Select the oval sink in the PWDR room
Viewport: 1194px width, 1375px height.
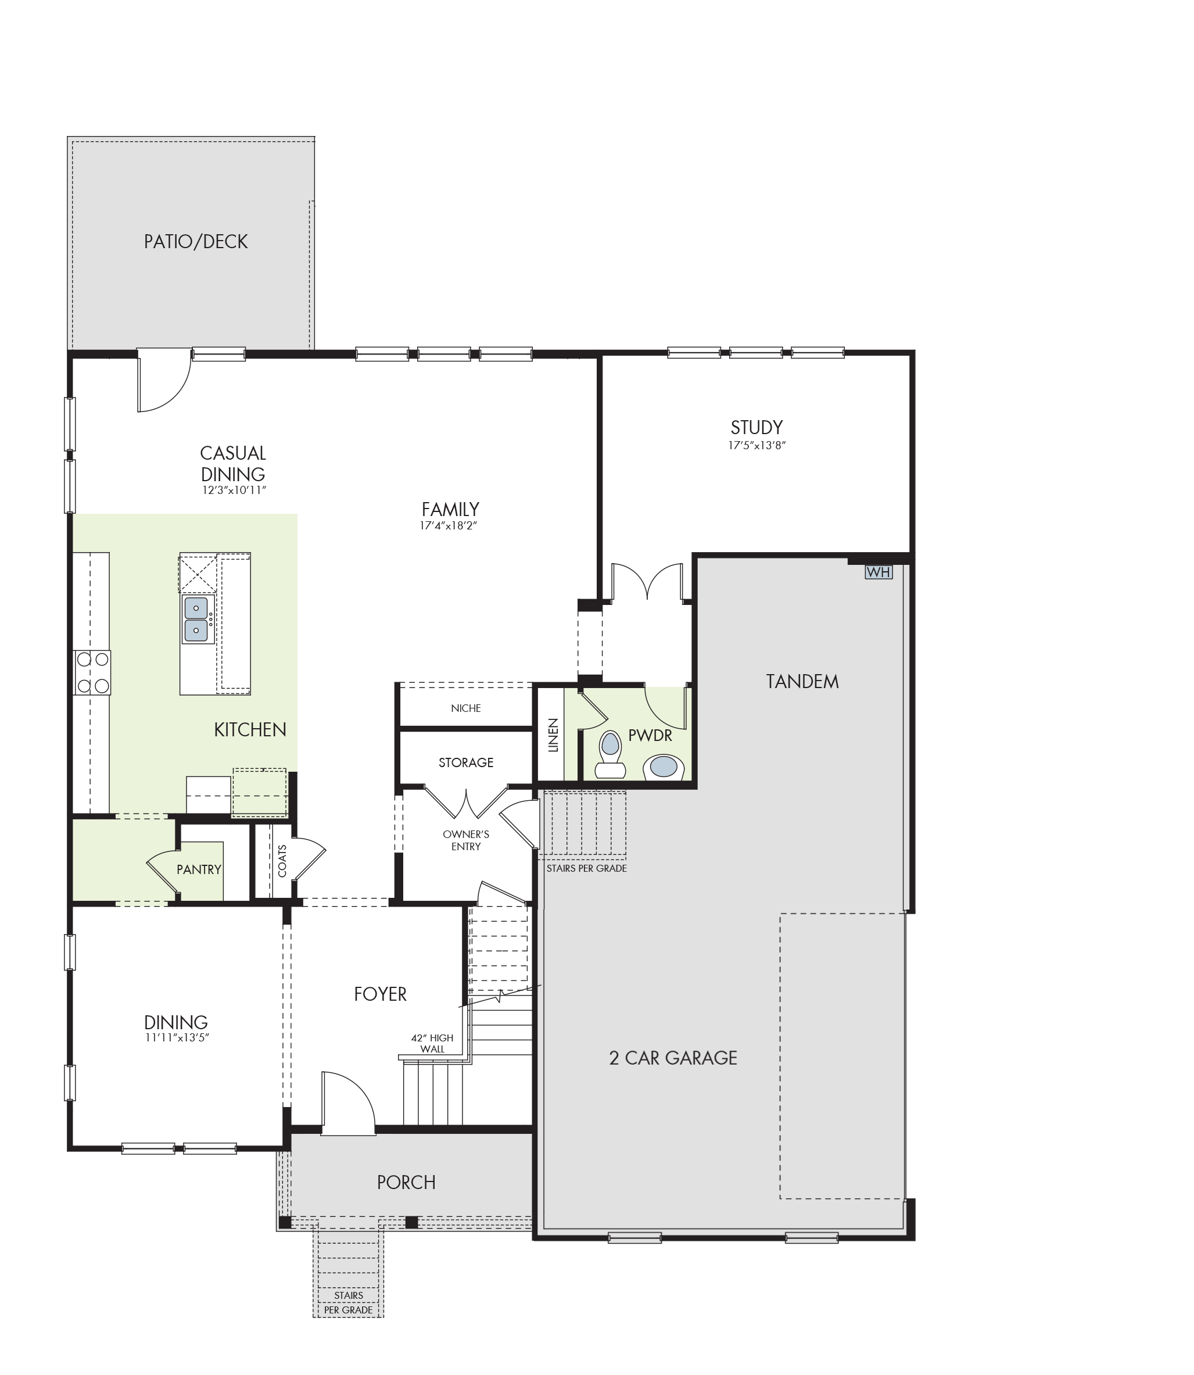[x=664, y=767]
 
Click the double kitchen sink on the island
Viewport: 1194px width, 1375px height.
[x=196, y=619]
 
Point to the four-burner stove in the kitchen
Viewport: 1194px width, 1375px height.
[x=92, y=672]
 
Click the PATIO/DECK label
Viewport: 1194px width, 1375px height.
[x=196, y=241]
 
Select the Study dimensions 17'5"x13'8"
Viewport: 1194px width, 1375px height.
[x=757, y=445]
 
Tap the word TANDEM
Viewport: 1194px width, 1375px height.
[x=802, y=681]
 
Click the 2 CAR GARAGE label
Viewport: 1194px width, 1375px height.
[x=673, y=1058]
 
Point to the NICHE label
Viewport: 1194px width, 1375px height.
[x=466, y=708]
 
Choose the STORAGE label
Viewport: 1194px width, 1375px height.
[x=466, y=762]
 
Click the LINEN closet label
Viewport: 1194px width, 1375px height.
[x=553, y=735]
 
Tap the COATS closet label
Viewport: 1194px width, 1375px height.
[x=282, y=861]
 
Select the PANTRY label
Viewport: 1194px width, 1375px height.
[x=199, y=869]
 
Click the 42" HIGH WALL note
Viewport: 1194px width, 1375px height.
[x=432, y=1043]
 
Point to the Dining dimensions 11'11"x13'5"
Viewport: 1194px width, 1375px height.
[x=177, y=1038]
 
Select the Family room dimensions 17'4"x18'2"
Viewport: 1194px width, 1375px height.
[x=450, y=526]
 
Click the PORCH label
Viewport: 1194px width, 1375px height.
[x=407, y=1183]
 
